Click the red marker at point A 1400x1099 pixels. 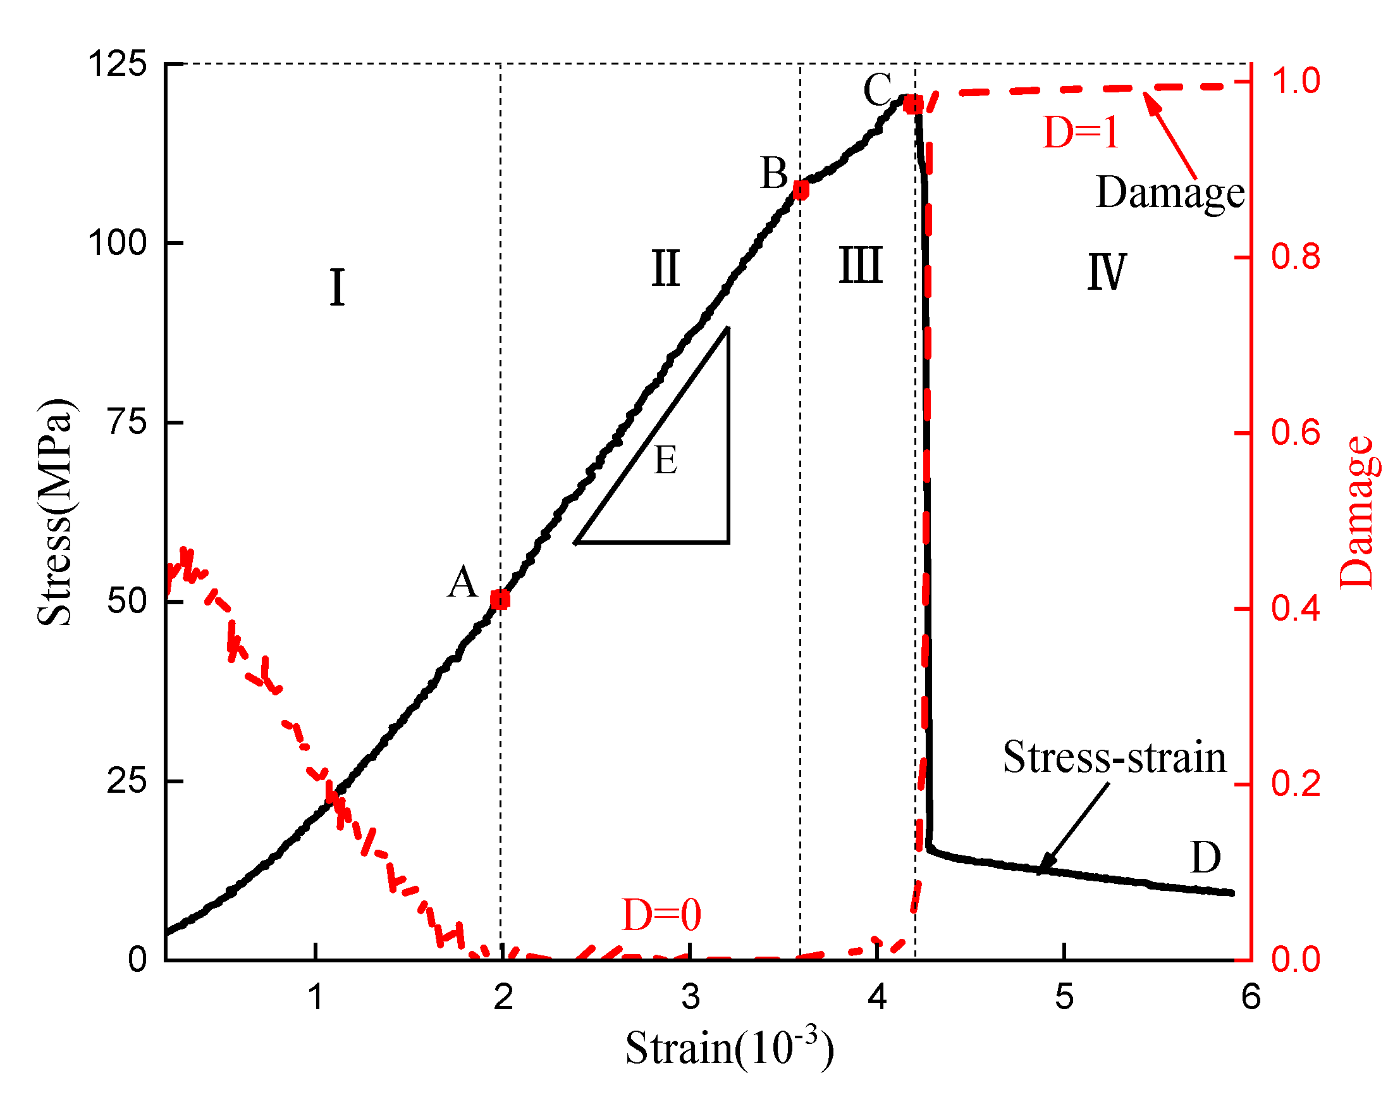pyautogui.click(x=500, y=600)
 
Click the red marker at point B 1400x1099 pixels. pyautogui.click(x=801, y=190)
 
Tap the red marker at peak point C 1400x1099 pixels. pyautogui.click(x=912, y=104)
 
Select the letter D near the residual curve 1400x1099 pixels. pyautogui.click(x=1205, y=858)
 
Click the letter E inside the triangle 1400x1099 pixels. pyautogui.click(x=665, y=461)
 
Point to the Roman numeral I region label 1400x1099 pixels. pyautogui.click(x=337, y=288)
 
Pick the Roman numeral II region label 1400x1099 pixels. pyautogui.click(x=665, y=268)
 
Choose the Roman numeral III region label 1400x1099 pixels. pyautogui.click(x=861, y=265)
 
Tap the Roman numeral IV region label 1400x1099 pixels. pyautogui.click(x=1106, y=271)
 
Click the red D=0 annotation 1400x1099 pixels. pyautogui.click(x=661, y=915)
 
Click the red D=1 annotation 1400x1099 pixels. pyautogui.click(x=1081, y=133)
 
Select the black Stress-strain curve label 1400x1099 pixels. pyautogui.click(x=1114, y=757)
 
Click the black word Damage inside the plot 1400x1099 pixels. pyautogui.click(x=1169, y=192)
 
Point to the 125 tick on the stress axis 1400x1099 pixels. pyautogui.click(x=118, y=65)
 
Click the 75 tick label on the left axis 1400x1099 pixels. pyautogui.click(x=126, y=423)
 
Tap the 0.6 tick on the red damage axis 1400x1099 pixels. pyautogui.click(x=1295, y=432)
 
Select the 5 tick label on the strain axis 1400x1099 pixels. pyautogui.click(x=1064, y=997)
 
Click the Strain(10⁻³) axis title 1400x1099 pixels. pyautogui.click(x=729, y=1049)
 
